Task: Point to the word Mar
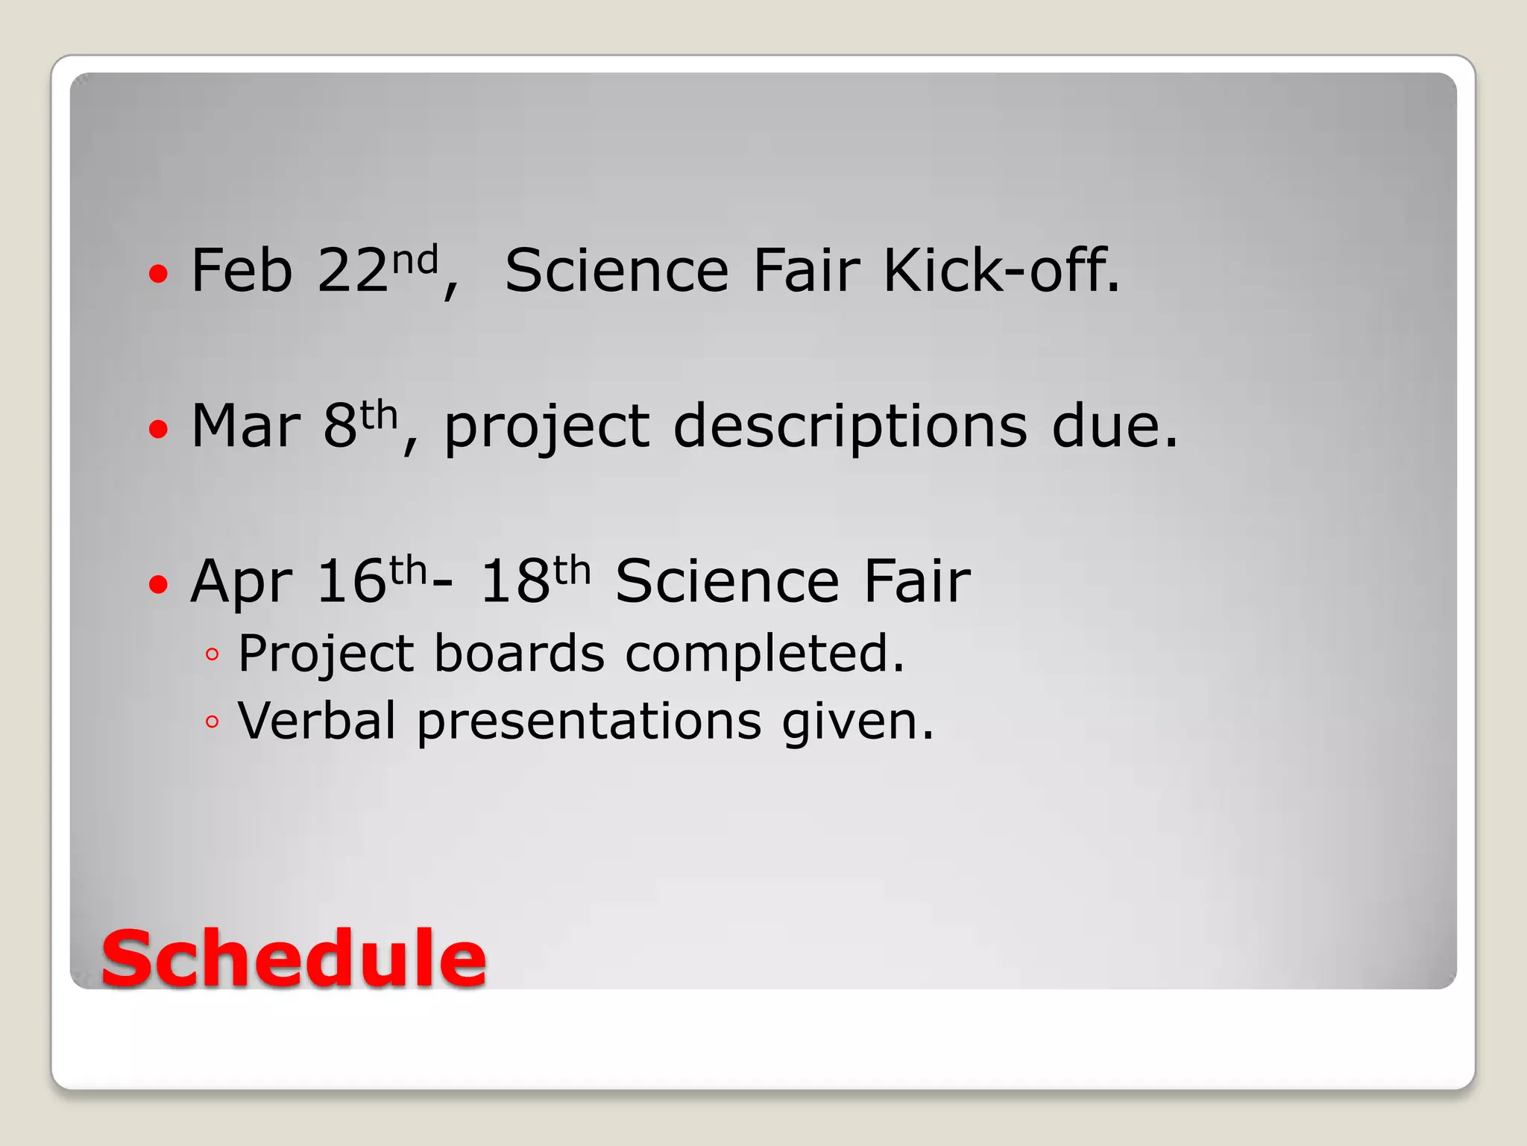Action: tap(245, 426)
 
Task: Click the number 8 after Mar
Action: tap(340, 426)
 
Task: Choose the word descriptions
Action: tap(850, 426)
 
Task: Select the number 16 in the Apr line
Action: tap(351, 582)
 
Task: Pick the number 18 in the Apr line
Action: tap(515, 582)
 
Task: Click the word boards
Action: tap(519, 654)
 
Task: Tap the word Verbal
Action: tap(317, 721)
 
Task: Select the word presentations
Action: tap(589, 722)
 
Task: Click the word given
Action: tap(857, 722)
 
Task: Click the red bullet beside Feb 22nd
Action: tap(158, 274)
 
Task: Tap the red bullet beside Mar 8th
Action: tap(158, 429)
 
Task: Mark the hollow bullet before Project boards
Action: tap(212, 655)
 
